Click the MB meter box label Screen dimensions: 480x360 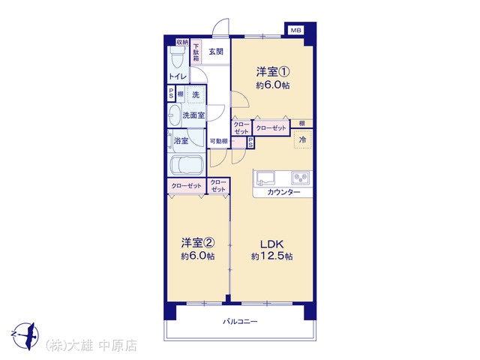click(295, 30)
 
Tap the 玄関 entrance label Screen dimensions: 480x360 click(216, 52)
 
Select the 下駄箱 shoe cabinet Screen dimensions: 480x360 click(196, 52)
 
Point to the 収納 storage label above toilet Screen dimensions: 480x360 click(182, 42)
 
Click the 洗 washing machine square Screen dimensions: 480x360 click(195, 95)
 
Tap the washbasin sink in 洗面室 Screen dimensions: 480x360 click(175, 115)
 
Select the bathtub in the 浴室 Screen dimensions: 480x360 click(187, 165)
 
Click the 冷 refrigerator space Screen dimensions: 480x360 click(302, 139)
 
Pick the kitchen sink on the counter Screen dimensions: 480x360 click(265, 178)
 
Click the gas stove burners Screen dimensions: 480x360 click(301, 178)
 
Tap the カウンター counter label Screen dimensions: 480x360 click(283, 192)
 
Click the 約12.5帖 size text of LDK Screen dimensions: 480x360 click(271, 256)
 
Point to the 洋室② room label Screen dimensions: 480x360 click(198, 243)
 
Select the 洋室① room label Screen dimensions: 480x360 click(273, 72)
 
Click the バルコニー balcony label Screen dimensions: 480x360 click(240, 322)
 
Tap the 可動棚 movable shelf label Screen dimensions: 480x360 click(218, 141)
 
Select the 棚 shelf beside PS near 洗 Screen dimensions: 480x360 click(180, 94)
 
